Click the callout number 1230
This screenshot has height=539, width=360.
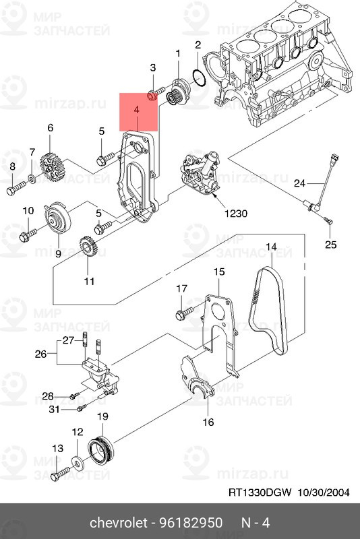click(x=235, y=214)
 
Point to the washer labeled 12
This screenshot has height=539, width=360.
click(x=77, y=463)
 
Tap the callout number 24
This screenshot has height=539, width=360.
click(x=299, y=183)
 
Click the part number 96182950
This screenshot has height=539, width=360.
click(x=191, y=523)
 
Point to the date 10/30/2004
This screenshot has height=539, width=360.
click(x=323, y=493)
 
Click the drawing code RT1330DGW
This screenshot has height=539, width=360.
click(x=260, y=493)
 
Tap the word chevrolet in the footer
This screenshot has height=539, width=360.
click(x=118, y=523)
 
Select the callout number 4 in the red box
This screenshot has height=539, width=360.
click(x=136, y=110)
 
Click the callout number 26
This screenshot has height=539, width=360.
click(x=40, y=354)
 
